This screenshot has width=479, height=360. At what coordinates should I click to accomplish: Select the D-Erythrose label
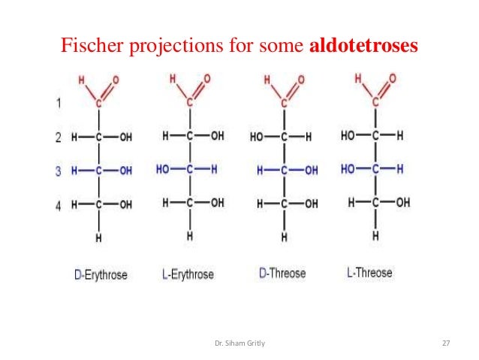pyautogui.click(x=101, y=275)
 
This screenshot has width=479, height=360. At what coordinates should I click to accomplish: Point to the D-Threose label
pyautogui.click(x=282, y=274)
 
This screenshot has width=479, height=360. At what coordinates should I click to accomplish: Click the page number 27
pyautogui.click(x=446, y=343)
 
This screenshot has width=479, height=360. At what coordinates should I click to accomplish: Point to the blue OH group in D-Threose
pyautogui.click(x=310, y=171)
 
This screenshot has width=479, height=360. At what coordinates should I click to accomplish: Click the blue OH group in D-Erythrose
pyautogui.click(x=125, y=171)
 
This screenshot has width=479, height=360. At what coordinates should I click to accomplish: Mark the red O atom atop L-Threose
pyautogui.click(x=393, y=78)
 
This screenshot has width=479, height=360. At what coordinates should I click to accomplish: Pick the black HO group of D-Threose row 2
pyautogui.click(x=258, y=138)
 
